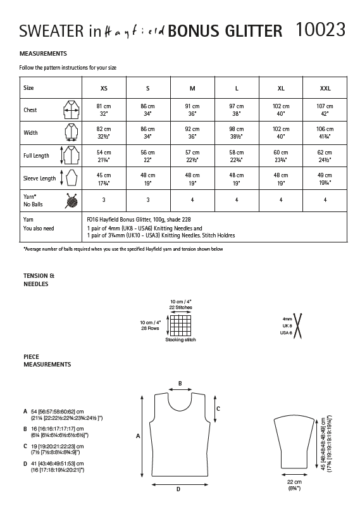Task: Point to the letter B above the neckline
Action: [180, 384]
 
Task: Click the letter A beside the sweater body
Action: [138, 436]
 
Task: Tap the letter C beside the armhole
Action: [218, 409]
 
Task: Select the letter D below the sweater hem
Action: [178, 489]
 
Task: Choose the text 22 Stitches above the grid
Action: [180, 306]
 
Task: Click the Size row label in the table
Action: [28, 88]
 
